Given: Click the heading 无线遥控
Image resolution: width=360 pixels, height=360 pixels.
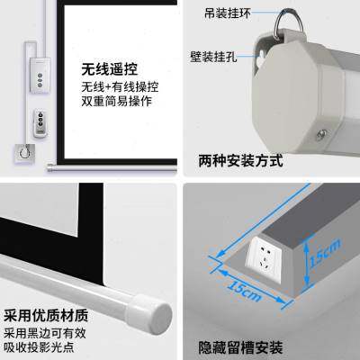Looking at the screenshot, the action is coord(110,69).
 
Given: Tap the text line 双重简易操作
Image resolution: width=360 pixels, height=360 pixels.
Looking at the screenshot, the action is coord(117,102).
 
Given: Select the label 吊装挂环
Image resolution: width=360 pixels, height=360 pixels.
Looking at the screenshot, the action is coord(228,13).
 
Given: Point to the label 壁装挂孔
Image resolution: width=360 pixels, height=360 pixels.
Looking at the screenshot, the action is coord(213,57).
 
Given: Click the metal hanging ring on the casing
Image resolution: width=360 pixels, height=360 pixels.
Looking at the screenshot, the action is coord(288,22).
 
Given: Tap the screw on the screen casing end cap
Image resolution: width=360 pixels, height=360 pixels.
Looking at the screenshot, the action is coord(322,133).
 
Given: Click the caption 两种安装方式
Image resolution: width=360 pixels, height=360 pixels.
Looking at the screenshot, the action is coord(240,161).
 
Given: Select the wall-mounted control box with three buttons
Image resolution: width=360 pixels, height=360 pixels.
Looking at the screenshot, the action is coord(40,75).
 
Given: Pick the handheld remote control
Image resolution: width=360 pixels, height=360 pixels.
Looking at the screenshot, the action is coord(41,122).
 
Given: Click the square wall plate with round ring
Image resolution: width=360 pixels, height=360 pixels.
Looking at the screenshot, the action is coord(24,153).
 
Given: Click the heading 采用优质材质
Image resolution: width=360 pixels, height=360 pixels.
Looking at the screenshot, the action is coord(46,316).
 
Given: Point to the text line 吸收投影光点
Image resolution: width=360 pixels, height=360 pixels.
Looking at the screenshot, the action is coord(39,347).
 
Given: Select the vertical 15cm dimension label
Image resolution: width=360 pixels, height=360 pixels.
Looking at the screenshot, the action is coord(326,253).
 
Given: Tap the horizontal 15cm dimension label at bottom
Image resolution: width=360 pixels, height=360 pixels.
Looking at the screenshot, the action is coord(244,291).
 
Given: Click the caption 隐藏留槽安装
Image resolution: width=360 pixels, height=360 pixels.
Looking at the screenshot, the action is coord(241,348).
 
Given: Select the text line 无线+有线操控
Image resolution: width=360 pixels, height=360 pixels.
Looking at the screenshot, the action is coord(120,87).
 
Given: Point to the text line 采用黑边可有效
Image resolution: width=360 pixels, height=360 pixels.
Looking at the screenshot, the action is coord(45,333).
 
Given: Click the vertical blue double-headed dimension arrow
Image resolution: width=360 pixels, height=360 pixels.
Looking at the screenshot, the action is coord(306,264).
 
